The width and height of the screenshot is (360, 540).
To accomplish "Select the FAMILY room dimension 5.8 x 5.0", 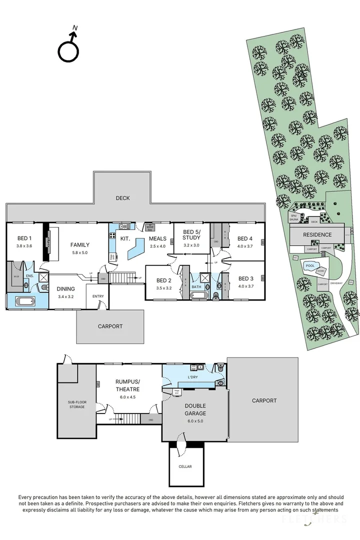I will pyautogui.click(x=79, y=253).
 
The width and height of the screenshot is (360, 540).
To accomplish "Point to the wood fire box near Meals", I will pyautogui.click(x=149, y=227).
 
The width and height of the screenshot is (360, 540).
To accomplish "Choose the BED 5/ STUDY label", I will pyautogui.click(x=191, y=235).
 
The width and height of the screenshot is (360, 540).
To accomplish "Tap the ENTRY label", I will pyautogui.click(x=98, y=296).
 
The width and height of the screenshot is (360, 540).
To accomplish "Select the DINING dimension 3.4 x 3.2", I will pyautogui.click(x=65, y=296).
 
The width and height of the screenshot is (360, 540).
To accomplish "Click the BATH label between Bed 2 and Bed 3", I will pyautogui.click(x=196, y=287).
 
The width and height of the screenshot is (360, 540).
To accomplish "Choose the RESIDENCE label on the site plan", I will pyautogui.click(x=317, y=234).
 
